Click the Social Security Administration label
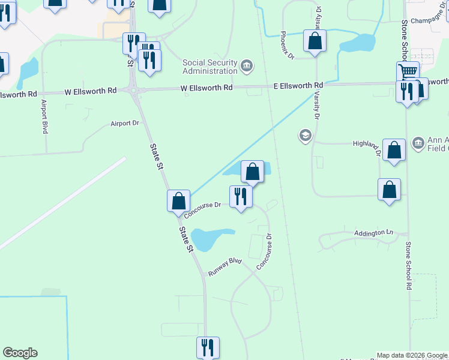click(210, 67)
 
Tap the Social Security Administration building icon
click(246, 65)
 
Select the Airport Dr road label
click(125, 124)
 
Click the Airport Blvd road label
click(44, 116)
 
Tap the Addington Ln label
click(373, 232)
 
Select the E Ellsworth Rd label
click(298, 86)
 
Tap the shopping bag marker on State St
click(178, 200)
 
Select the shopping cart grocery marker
click(408, 71)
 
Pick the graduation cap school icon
click(305, 136)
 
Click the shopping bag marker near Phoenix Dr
click(315, 41)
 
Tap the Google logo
click(20, 353)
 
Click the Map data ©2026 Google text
click(412, 355)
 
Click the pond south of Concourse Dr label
click(212, 238)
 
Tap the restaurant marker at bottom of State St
click(208, 347)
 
